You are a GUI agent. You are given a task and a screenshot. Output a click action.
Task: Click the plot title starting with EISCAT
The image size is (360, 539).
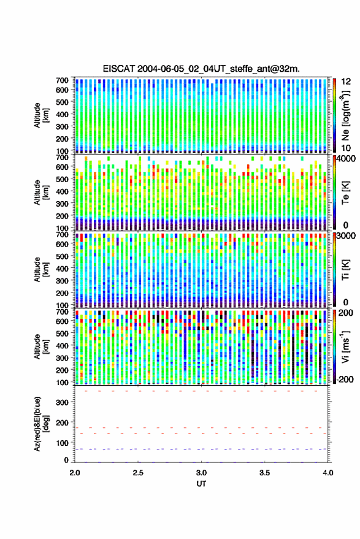201,69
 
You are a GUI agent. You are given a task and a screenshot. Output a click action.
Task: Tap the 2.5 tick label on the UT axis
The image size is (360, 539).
138,473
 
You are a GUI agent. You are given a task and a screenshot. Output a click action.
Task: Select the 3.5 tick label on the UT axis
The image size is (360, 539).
264,473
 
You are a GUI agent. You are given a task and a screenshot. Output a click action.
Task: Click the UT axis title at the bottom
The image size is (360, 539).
201,484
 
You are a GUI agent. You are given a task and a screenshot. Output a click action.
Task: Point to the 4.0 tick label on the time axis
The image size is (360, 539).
327,473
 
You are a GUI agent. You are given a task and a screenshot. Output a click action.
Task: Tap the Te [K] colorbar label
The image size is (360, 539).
345,193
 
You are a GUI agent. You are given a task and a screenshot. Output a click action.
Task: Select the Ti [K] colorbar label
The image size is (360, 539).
345,270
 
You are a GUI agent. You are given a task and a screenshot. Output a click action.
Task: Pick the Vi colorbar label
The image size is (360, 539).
345,346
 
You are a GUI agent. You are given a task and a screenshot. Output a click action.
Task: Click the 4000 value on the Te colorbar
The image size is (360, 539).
345,159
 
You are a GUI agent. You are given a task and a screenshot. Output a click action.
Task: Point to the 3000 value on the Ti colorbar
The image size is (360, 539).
345,236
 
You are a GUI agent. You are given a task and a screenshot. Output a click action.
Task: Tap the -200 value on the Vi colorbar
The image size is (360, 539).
345,379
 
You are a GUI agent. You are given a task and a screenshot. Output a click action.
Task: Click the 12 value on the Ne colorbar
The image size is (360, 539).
345,82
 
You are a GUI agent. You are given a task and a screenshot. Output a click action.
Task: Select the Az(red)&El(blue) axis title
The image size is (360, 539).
42,424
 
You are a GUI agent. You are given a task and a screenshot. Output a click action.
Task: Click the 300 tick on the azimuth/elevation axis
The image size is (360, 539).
62,402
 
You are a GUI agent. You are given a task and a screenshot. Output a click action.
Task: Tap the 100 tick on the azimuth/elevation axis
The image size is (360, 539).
62,443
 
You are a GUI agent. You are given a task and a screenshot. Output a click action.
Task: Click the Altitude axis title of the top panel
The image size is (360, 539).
41,115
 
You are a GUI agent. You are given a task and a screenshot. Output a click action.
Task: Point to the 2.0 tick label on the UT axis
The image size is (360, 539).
75,473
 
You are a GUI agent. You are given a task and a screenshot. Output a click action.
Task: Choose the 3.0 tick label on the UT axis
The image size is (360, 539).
201,473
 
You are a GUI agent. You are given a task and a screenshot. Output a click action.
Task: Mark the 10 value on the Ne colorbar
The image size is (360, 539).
345,148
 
